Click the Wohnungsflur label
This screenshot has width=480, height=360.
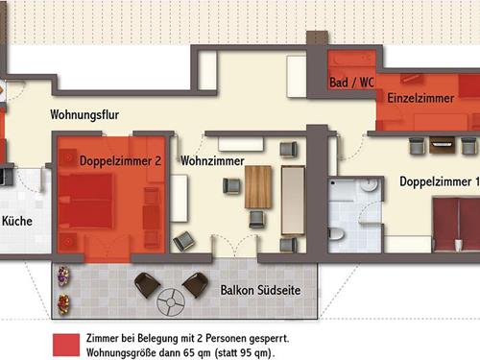84,116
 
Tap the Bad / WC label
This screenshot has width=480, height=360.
351,84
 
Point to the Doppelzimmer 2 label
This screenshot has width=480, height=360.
120,160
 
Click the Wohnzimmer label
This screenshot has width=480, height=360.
211,160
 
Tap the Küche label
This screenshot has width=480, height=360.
16,221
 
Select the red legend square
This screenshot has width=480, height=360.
63,345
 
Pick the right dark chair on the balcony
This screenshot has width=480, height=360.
195,283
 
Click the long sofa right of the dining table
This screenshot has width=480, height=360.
292,199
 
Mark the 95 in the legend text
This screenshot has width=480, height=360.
253,352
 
